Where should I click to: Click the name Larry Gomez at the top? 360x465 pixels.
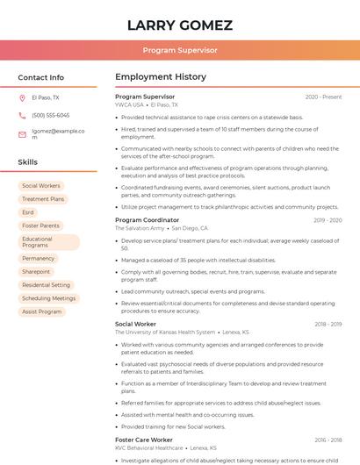point(180,25)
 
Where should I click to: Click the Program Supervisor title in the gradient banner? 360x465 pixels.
point(180,50)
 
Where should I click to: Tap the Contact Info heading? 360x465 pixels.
point(41,77)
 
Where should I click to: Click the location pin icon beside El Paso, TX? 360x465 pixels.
point(22,97)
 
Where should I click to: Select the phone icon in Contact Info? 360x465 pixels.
point(22,115)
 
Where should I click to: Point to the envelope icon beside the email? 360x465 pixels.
point(22,134)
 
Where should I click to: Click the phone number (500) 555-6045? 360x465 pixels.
point(51,115)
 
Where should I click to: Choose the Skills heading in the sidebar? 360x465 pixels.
point(28,162)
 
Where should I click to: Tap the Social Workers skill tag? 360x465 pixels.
point(41,186)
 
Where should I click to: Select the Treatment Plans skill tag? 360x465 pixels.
point(43,199)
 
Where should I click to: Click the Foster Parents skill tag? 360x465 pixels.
point(40,225)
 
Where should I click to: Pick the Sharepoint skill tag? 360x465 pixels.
point(36,272)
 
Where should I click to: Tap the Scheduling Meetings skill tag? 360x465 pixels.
point(49,298)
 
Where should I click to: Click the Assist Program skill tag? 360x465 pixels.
point(41,311)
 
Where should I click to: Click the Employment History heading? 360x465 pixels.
point(161,77)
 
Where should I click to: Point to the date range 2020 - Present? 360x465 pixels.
point(323,97)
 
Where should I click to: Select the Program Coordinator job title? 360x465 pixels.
point(147,220)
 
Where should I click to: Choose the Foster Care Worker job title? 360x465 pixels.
point(144,439)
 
